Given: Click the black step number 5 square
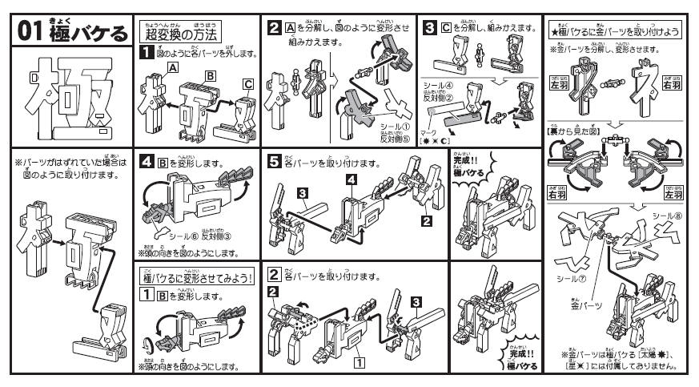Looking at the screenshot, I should pos(273,159).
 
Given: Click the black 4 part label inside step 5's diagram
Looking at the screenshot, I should pos(349,181).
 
